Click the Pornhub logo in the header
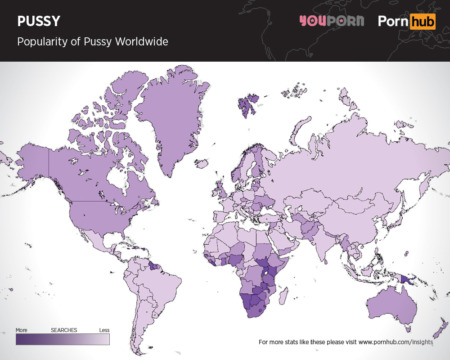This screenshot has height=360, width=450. click(x=406, y=21)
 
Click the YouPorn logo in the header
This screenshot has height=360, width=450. click(x=331, y=21)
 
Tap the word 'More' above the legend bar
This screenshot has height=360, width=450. click(x=22, y=330)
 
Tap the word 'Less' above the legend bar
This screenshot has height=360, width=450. click(x=104, y=330)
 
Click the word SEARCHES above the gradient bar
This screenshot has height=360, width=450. click(x=64, y=330)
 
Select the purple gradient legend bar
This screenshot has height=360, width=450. click(x=63, y=339)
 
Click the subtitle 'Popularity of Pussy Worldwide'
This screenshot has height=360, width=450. click(x=92, y=42)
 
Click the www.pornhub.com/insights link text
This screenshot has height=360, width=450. click(x=396, y=342)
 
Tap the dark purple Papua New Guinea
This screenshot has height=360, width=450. click(x=407, y=280)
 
